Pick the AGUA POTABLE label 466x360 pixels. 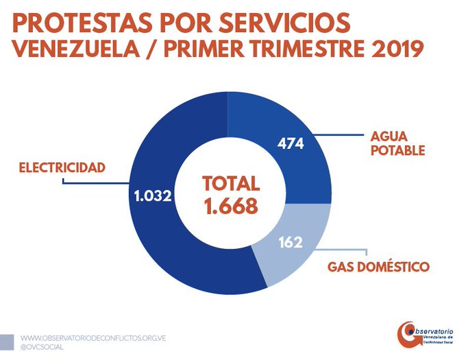(397, 143)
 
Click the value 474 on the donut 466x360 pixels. (291, 144)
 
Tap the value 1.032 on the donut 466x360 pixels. (152, 196)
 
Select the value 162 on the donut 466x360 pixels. (291, 243)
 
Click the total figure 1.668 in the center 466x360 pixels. (230, 206)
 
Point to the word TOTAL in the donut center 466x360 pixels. (230, 184)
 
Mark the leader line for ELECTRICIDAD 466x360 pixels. (96, 184)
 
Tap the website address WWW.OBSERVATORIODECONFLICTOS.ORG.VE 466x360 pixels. (94, 339)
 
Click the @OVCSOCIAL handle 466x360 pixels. (45, 348)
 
